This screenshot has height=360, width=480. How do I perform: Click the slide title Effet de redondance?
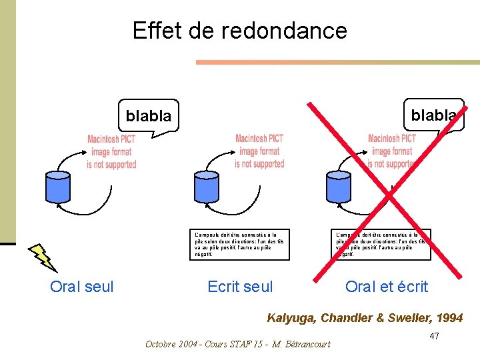[x=239, y=31]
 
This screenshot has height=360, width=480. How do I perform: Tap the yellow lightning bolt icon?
[x=43, y=257]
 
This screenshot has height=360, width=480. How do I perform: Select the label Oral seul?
[x=82, y=287]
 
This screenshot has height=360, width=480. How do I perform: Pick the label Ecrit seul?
[x=240, y=287]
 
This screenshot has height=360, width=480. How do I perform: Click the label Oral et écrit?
[x=387, y=287]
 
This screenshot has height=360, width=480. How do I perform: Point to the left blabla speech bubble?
[x=149, y=116]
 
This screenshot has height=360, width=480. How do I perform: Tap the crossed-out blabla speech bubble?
[x=433, y=115]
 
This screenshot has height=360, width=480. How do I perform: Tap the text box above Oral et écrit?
[x=382, y=245]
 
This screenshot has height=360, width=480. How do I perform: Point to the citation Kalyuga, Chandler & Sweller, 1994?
[x=364, y=318]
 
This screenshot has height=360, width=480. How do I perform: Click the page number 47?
[x=434, y=335]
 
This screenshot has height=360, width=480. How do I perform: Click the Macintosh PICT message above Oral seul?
[x=111, y=151]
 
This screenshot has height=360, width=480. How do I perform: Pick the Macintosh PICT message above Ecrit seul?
[x=259, y=151]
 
